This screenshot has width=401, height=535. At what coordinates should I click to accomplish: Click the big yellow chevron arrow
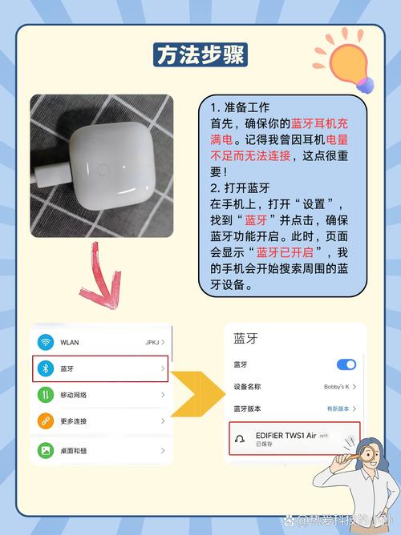click(196, 395)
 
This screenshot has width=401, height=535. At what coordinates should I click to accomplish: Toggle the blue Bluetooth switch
click(346, 364)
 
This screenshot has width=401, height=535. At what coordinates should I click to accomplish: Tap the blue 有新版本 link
click(336, 408)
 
